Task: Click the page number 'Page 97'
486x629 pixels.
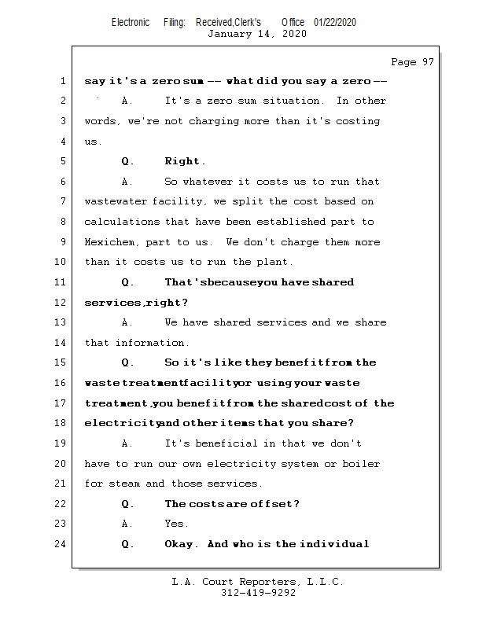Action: [412, 62]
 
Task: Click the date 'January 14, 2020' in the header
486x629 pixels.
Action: [257, 34]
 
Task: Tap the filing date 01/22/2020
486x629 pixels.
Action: [335, 22]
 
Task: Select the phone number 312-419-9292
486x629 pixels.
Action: [258, 594]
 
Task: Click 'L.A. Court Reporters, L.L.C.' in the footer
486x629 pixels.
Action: [257, 583]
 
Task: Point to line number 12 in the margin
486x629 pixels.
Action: [61, 303]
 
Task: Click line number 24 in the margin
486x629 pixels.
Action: [61, 544]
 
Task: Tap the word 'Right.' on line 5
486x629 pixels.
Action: [185, 161]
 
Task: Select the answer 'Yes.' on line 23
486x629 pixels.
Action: [176, 524]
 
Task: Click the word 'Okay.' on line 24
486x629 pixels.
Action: [182, 544]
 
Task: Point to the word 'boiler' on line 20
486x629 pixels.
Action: [362, 464]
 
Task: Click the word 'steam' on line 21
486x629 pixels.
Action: [124, 484]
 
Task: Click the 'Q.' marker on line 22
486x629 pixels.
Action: [128, 504]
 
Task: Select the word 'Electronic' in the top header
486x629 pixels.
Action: [131, 22]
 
